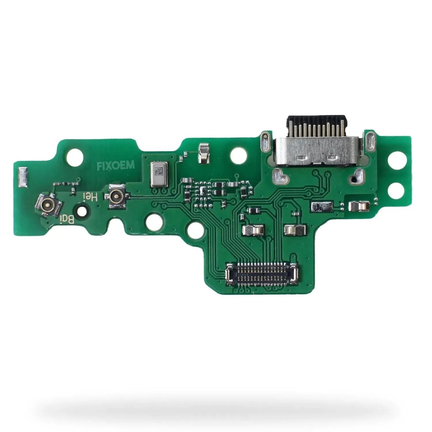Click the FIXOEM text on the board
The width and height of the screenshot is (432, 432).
pyautogui.click(x=115, y=165)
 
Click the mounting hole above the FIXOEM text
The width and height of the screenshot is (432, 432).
pyautogui.click(x=75, y=157)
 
